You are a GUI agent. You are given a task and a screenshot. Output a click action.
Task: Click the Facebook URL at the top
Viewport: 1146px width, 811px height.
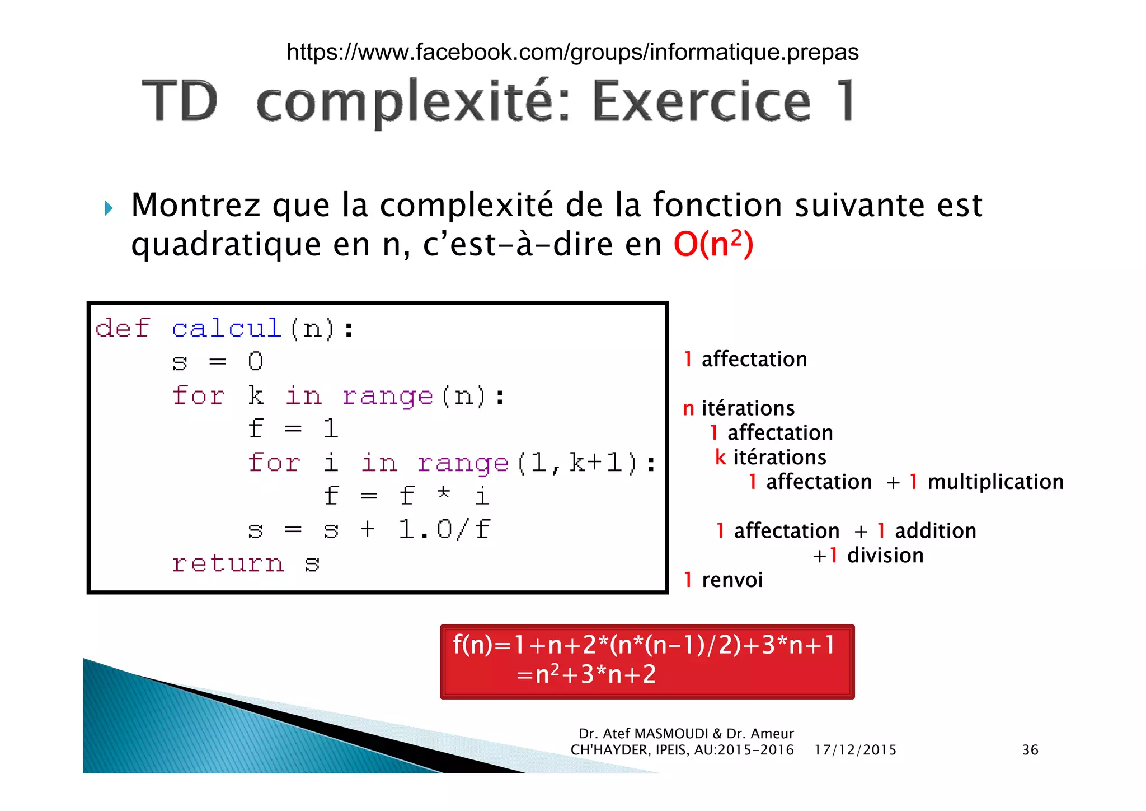pyautogui.click(x=572, y=52)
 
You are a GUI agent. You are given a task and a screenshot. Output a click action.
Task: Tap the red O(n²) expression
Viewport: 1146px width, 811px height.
pyautogui.click(x=713, y=244)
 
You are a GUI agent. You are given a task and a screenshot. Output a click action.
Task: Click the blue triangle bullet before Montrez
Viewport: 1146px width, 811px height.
pyautogui.click(x=109, y=208)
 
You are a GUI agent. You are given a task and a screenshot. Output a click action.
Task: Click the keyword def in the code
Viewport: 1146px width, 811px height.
pyautogui.click(x=123, y=328)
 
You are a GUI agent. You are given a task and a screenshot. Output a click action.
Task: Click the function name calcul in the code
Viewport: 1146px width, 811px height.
pyautogui.click(x=226, y=328)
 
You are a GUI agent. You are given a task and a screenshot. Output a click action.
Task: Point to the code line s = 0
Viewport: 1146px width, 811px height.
pyautogui.click(x=217, y=362)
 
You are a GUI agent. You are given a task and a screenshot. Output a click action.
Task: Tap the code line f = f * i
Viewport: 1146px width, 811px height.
pyautogui.click(x=406, y=496)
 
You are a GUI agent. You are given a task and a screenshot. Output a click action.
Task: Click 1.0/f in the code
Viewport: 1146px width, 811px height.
pyautogui.click(x=444, y=529)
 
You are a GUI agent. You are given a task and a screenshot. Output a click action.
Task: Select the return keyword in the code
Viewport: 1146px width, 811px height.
pyautogui.click(x=228, y=563)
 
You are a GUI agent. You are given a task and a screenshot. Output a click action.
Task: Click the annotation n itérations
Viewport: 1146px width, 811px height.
pyautogui.click(x=739, y=408)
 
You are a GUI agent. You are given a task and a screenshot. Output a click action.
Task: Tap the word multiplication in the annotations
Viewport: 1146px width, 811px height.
pyautogui.click(x=995, y=482)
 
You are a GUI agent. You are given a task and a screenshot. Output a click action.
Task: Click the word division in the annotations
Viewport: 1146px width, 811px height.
pyautogui.click(x=885, y=556)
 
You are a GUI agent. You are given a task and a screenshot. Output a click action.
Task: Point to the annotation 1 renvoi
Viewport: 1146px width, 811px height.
pyautogui.click(x=723, y=580)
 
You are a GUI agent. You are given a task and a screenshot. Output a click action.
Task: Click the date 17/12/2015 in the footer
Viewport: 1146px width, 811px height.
pyautogui.click(x=855, y=750)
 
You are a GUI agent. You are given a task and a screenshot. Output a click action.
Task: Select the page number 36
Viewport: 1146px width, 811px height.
pyautogui.click(x=1030, y=750)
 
